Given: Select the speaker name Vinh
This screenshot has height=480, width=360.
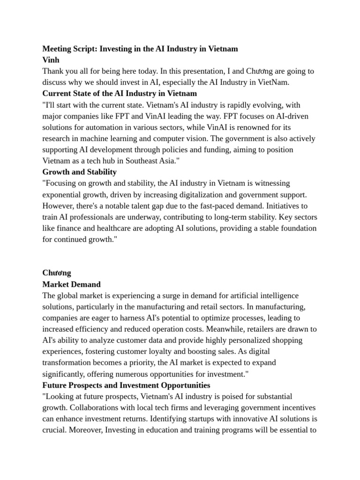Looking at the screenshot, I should pyautogui.click(x=51, y=60).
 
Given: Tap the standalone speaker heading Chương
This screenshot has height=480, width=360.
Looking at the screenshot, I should pyautogui.click(x=56, y=273).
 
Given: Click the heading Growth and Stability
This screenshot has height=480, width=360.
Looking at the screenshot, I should pyautogui.click(x=79, y=172).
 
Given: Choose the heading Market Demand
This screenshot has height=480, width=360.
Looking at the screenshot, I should pyautogui.click(x=71, y=284).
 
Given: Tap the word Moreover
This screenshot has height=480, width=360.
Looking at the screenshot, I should pyautogui.click(x=85, y=430).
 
